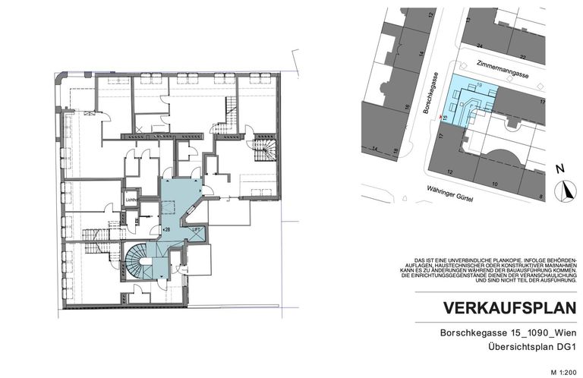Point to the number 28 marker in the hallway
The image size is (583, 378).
click(x=165, y=228)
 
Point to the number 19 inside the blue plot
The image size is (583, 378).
click(x=479, y=86)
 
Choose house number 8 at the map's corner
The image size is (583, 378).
click(x=541, y=196)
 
